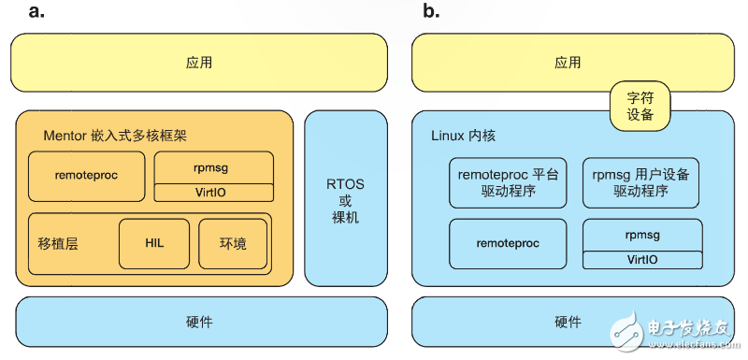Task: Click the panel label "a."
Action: click(x=36, y=12)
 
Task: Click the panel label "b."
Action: click(x=431, y=12)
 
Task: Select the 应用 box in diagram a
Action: click(x=198, y=64)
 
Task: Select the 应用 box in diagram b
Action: click(x=568, y=63)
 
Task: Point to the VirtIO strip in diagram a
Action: click(x=214, y=193)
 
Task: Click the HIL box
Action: click(x=154, y=243)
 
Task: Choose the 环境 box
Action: click(x=233, y=243)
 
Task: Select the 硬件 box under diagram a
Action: click(x=198, y=322)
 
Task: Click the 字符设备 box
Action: click(x=641, y=107)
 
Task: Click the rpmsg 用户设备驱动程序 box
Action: click(x=641, y=182)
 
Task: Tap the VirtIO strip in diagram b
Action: click(x=641, y=259)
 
